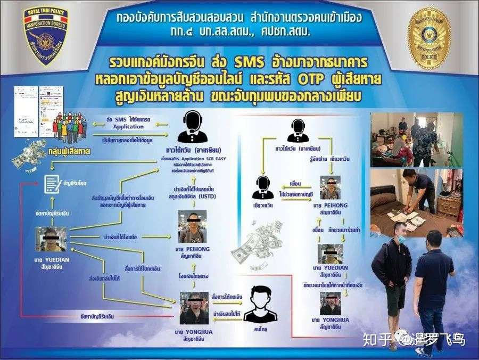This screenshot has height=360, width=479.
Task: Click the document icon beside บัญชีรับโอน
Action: (52, 183)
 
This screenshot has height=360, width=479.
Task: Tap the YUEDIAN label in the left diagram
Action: (51, 258)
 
